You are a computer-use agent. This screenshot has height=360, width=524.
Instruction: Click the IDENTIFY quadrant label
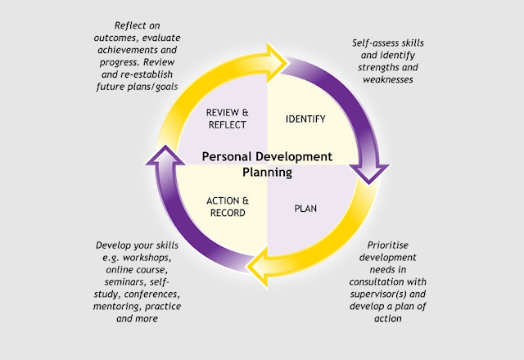[x=305, y=119]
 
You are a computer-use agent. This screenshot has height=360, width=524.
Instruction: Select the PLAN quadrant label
[x=305, y=209]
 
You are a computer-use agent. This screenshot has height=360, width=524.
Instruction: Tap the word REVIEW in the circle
[x=223, y=113]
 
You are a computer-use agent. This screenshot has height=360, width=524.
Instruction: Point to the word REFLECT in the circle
[x=228, y=125]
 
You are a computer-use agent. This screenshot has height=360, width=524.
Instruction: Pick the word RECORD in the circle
[x=228, y=213]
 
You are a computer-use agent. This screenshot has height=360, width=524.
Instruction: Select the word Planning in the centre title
[x=268, y=173]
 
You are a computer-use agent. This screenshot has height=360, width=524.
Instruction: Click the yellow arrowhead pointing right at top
[x=276, y=63]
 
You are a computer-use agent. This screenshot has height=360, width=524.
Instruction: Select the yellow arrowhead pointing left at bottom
[x=258, y=267]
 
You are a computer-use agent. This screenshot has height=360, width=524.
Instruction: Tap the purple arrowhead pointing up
[x=165, y=155]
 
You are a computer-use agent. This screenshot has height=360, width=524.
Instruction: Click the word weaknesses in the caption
[x=388, y=79]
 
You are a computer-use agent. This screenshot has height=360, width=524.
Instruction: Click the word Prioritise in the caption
[x=387, y=245]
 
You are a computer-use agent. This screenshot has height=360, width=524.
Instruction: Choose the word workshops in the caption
[x=147, y=258]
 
